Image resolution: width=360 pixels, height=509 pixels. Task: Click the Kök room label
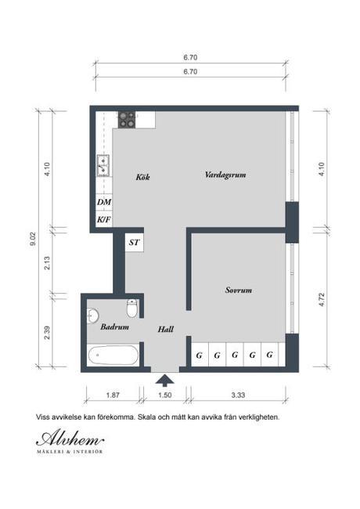tap(142, 177)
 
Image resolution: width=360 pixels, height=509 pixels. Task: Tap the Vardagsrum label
tap(225, 175)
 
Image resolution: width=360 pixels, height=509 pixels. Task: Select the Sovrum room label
tap(238, 290)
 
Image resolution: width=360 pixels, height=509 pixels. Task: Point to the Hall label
tap(165, 330)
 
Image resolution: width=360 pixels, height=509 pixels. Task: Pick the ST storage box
tap(135, 243)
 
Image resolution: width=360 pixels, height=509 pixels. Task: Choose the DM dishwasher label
tap(103, 202)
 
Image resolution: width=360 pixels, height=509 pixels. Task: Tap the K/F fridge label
tap(103, 220)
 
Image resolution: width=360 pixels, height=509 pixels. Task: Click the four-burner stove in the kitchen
tap(127, 119)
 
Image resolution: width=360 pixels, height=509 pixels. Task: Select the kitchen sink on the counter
tap(103, 164)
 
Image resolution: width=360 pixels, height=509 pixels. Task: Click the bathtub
tap(115, 356)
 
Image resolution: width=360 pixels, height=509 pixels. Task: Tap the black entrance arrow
tap(165, 381)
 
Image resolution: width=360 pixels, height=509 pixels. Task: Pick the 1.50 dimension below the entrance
tap(165, 396)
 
